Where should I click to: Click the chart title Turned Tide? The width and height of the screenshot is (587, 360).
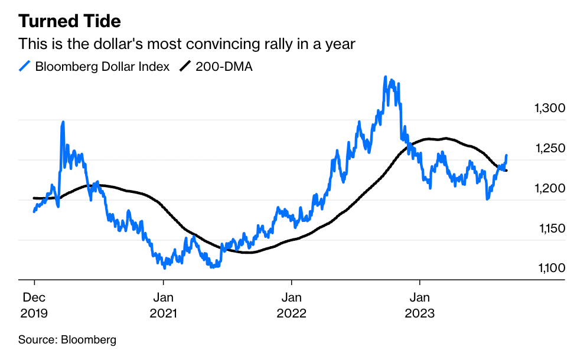click(x=70, y=22)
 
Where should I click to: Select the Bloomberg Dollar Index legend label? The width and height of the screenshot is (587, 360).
click(x=102, y=67)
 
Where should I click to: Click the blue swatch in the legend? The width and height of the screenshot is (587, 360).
click(x=25, y=67)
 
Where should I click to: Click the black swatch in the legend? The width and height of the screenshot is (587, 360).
click(x=186, y=67)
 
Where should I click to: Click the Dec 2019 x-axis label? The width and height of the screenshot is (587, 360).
click(x=34, y=306)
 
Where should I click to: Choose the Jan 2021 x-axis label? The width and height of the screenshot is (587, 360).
click(x=162, y=306)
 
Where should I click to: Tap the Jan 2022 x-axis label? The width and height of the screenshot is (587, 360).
click(x=291, y=306)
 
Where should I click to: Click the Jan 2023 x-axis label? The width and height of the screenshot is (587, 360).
click(x=419, y=306)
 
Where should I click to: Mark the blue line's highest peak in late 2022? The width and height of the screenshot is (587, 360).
click(x=386, y=77)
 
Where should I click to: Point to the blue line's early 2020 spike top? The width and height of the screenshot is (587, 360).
click(x=63, y=122)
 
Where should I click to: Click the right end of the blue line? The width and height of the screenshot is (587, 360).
click(x=506, y=156)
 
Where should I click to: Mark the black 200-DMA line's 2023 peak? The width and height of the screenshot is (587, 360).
click(x=446, y=138)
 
